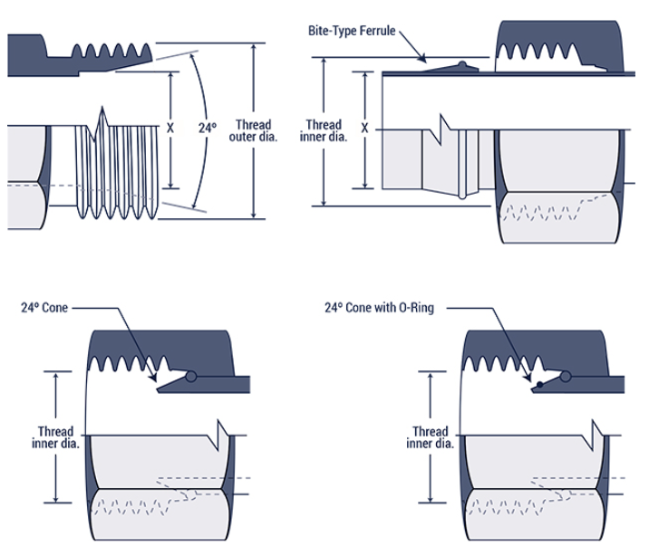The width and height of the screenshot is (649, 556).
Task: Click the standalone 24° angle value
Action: tap(208, 129)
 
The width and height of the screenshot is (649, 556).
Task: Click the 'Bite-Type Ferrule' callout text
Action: tap(352, 31)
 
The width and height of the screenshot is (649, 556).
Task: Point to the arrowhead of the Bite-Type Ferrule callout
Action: tap(425, 62)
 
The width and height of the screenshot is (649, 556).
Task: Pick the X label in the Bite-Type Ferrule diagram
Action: tap(365, 129)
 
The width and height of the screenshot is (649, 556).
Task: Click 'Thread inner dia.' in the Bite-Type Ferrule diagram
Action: tap(324, 130)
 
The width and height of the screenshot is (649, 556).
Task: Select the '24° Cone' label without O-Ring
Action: tap(44, 308)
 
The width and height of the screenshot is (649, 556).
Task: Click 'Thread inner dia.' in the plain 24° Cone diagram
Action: tap(55, 437)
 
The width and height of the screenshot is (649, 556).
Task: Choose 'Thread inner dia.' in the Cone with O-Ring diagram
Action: tap(430, 437)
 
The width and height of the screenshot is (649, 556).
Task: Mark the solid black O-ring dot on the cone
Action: tap(538, 385)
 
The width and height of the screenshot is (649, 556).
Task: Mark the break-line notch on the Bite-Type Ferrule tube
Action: tap(443, 127)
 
